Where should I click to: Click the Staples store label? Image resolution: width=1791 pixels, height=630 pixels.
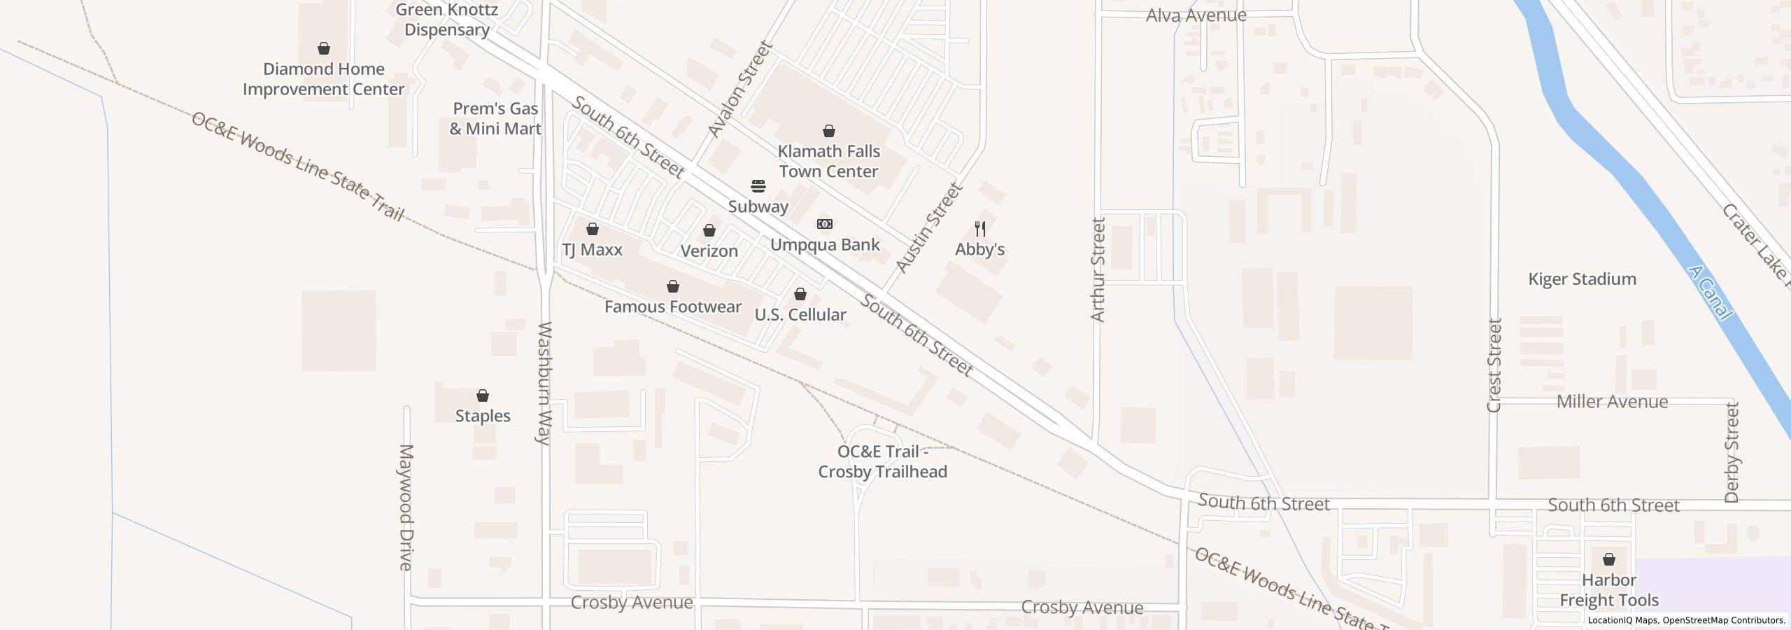(x=483, y=416)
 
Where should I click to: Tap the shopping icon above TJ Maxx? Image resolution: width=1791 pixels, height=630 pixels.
(x=593, y=229)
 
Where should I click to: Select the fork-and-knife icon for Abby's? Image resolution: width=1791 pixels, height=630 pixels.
(x=980, y=229)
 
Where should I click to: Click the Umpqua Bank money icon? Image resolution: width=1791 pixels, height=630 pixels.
(x=825, y=224)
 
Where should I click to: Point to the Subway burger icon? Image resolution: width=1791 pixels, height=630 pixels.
(x=758, y=186)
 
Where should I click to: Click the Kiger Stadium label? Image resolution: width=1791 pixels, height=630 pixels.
(x=1582, y=279)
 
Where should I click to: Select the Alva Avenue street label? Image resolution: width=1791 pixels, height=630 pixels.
(x=1196, y=15)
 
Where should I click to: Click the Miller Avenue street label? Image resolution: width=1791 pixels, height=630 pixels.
(x=1612, y=402)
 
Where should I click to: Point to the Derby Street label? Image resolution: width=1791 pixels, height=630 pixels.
(x=1732, y=452)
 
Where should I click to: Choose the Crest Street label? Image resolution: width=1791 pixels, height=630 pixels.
(x=1494, y=365)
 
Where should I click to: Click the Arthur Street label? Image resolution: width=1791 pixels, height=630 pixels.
(x=1098, y=269)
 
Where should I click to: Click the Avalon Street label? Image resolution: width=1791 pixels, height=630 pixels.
(x=739, y=89)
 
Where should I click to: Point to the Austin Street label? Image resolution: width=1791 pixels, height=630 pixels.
(x=929, y=227)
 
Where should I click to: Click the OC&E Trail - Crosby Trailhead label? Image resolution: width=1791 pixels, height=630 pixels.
(x=882, y=462)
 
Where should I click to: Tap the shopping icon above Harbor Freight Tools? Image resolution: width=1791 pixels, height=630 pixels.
(x=1609, y=559)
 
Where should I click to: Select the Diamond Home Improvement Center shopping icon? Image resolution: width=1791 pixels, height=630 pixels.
(x=324, y=48)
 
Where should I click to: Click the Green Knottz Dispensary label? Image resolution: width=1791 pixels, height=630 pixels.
(x=447, y=20)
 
